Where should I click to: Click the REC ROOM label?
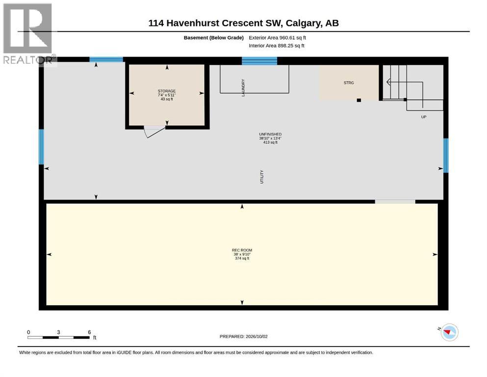pos(242,250)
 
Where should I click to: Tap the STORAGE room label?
pos(166,91)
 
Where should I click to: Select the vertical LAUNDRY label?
pos(243,88)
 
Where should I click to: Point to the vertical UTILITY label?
pos(262,177)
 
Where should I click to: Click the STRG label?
pos(349,82)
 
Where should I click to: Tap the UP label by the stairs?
pos(424,117)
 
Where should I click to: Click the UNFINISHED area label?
pos(270,135)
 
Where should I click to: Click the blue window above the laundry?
pos(259,61)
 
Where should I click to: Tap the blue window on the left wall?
pos(41,147)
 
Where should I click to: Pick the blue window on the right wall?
pos(446,156)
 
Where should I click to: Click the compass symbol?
pos(449,332)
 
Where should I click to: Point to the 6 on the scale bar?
pos(89,332)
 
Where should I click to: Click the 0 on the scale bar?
pos(28,332)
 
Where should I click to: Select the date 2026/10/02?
pos(256,336)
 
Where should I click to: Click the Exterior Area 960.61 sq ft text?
pos(278,38)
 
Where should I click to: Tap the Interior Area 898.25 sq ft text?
pos(277,46)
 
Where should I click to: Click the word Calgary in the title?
pos(303,23)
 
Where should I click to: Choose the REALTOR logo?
pos(28,33)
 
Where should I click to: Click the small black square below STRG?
pos(359,100)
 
